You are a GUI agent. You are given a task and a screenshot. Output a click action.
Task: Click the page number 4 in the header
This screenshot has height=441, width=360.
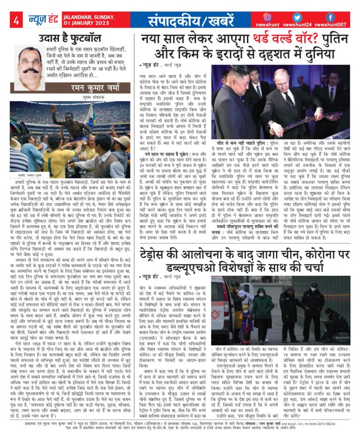16,20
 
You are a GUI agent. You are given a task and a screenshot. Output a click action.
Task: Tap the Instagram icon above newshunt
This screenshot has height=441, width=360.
268,17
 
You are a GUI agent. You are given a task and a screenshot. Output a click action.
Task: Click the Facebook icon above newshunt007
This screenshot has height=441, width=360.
330,17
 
